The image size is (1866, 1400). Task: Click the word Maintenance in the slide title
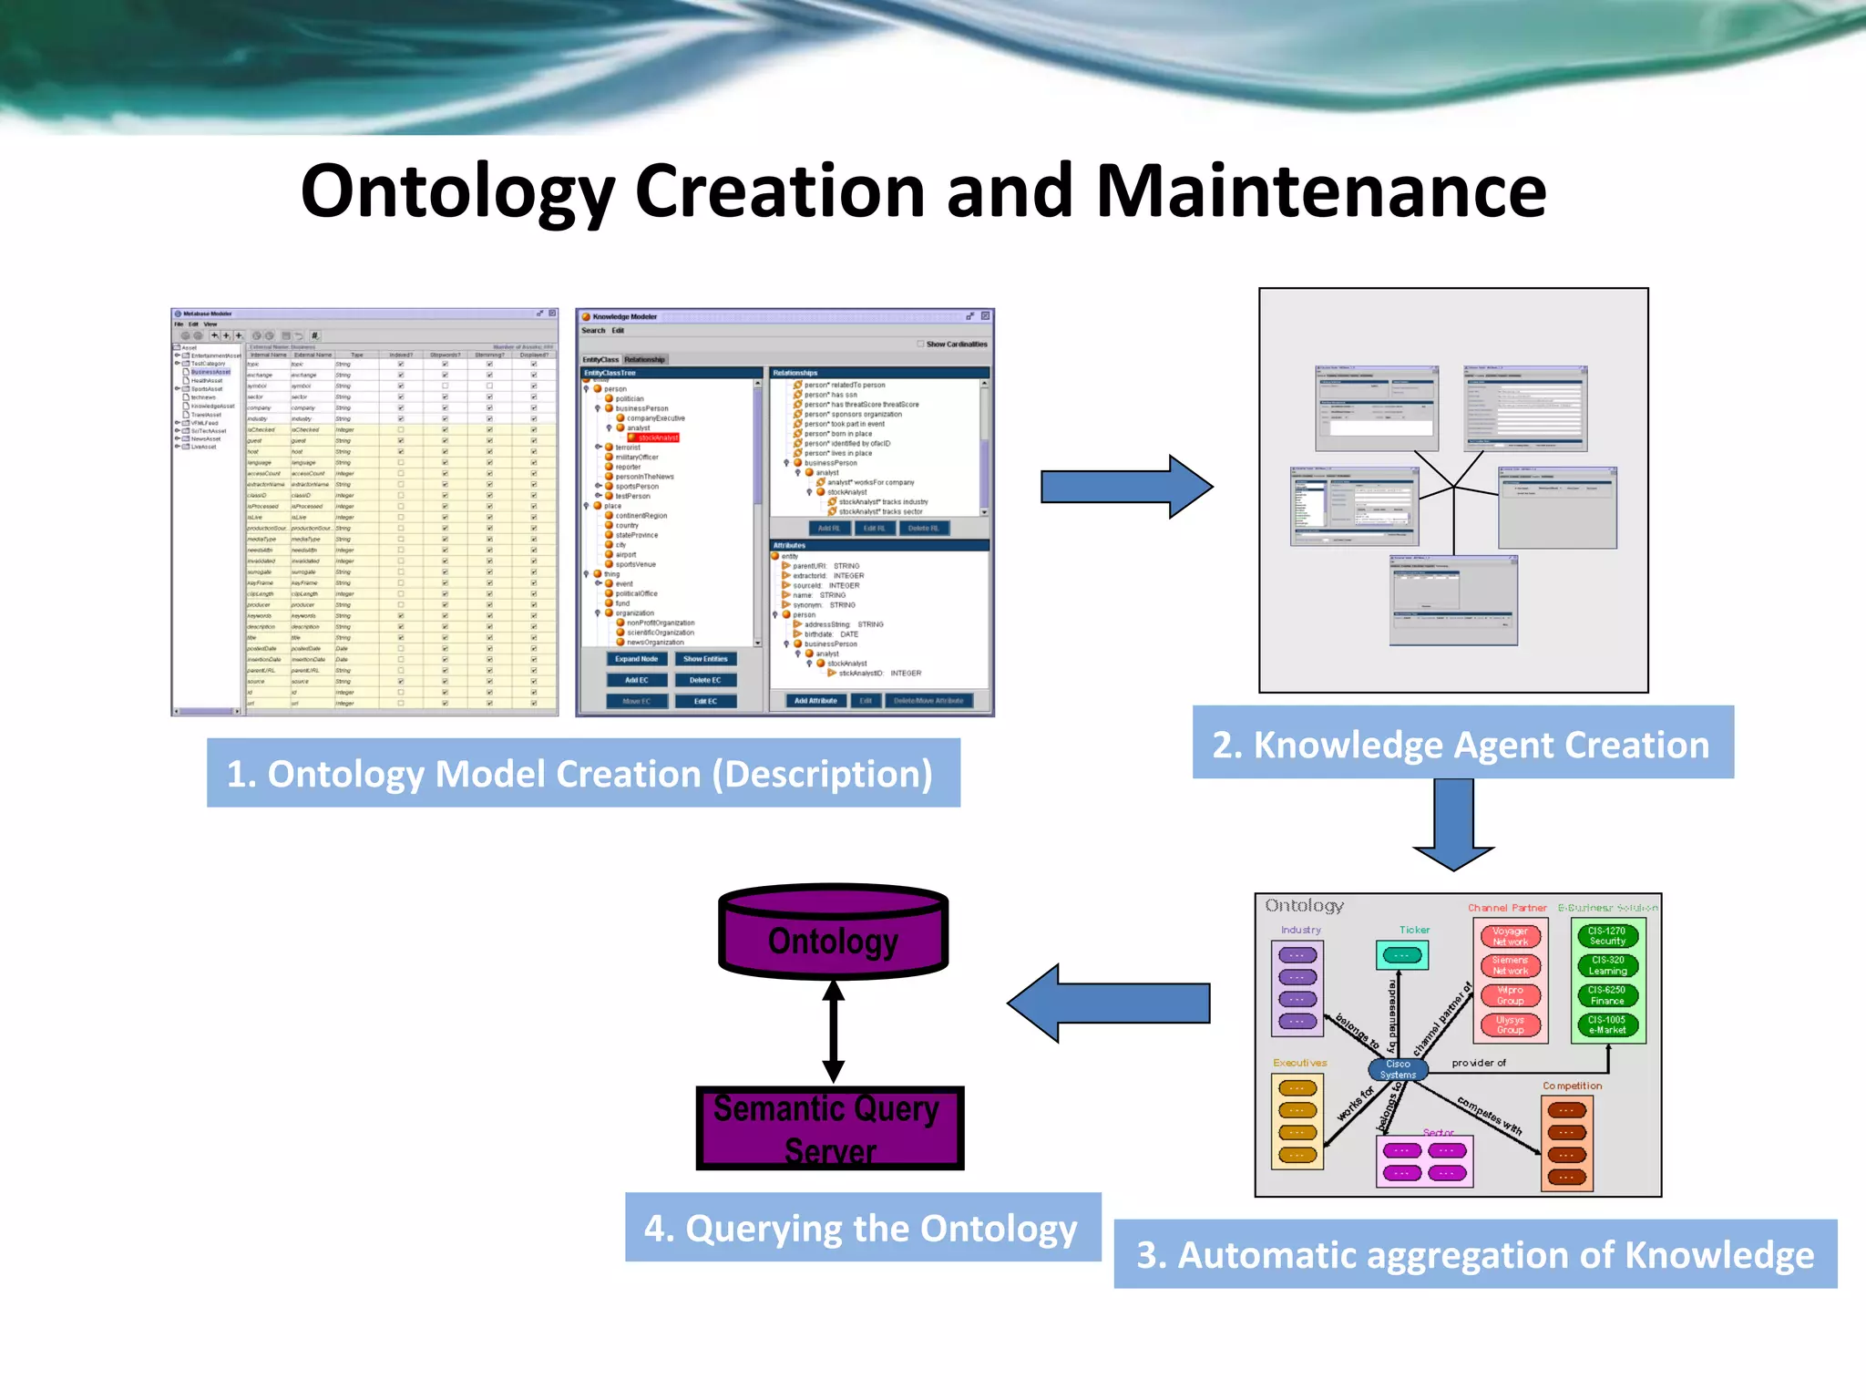[1320, 191]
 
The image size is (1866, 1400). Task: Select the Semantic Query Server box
[829, 1128]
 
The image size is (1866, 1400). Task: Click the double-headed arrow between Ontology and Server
[833, 1031]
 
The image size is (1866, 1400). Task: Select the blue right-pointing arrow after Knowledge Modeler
[1126, 487]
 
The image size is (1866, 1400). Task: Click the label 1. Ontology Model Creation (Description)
[582, 773]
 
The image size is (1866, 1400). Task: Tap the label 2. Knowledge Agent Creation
[1461, 744]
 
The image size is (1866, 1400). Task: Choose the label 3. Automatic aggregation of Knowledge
[1474, 1254]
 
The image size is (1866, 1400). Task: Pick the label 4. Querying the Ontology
[862, 1228]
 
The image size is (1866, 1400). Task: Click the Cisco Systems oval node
[1398, 1069]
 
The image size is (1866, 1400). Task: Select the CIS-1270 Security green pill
[1607, 936]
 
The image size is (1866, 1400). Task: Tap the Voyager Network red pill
[1510, 936]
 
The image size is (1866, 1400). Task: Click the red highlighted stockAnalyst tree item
[656, 437]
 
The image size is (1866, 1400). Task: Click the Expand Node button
[636, 659]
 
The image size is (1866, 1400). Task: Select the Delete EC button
[704, 680]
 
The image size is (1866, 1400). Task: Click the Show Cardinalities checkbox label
[956, 345]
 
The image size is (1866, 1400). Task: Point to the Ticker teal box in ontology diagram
[1401, 955]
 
